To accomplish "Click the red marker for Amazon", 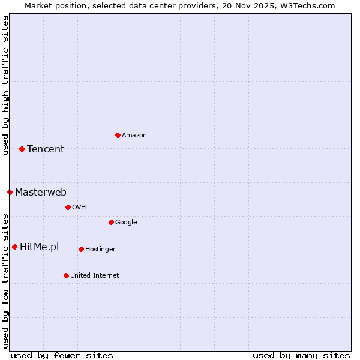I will click(x=118, y=135).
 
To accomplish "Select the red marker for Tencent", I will click(x=22, y=149).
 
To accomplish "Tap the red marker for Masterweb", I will click(x=10, y=192).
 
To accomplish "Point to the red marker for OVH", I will click(x=68, y=207).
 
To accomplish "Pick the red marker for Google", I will click(x=111, y=222).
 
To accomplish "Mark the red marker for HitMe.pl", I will click(x=14, y=247).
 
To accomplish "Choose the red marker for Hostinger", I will click(x=81, y=249).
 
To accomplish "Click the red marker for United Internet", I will click(x=66, y=275).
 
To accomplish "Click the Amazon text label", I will click(x=134, y=135).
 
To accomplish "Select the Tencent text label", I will click(x=46, y=149).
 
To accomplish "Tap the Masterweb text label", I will click(x=41, y=192).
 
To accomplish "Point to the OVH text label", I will click(x=79, y=207).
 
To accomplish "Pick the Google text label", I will click(x=126, y=222).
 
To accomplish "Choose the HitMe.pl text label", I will click(x=40, y=247).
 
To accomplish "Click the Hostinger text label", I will click(x=100, y=249).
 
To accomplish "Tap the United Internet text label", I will click(x=95, y=275).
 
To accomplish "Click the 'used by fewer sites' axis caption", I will click(x=62, y=355).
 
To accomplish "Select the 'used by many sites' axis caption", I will click(x=301, y=355).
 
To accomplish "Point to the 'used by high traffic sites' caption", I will click(x=5, y=85).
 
